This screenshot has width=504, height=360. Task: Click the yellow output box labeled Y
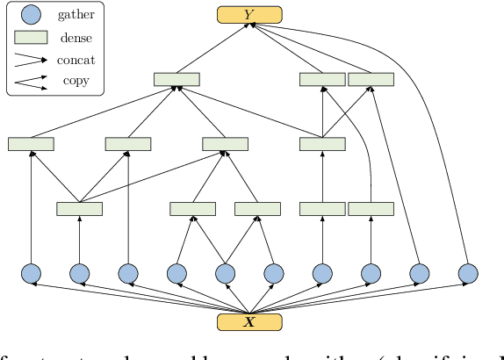tap(249, 15)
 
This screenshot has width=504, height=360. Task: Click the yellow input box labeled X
tap(249, 322)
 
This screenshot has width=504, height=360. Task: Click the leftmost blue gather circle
tap(31, 274)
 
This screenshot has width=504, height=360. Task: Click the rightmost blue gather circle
tap(468, 274)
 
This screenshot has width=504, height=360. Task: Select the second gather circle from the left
tap(79, 274)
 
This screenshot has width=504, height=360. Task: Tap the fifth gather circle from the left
tap(226, 274)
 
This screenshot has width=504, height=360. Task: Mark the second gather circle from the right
tap(420, 274)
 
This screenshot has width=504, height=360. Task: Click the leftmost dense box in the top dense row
tap(176, 79)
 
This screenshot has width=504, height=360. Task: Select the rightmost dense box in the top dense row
tap(371, 79)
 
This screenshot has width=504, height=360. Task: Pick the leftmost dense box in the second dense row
tap(31, 144)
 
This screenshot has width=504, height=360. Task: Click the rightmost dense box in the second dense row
tap(322, 144)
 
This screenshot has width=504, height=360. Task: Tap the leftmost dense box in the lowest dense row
tap(79, 209)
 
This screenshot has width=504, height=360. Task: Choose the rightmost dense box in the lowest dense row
tap(371, 209)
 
